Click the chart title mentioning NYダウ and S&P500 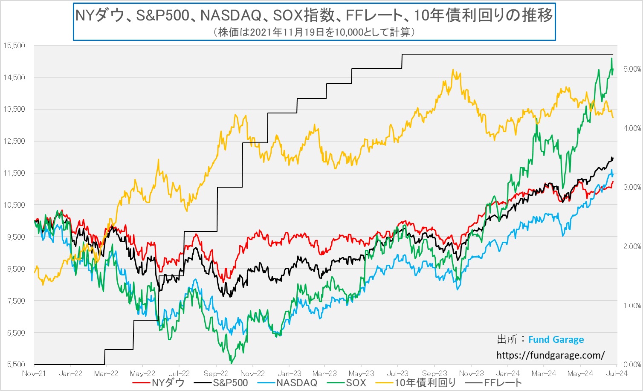click(314, 15)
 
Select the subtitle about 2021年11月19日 click(314, 32)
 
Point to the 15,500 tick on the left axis click(14, 46)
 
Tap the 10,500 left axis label click(14, 205)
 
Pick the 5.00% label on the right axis click(632, 69)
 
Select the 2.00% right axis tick click(632, 246)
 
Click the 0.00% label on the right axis click(632, 365)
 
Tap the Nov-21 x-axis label click(34, 374)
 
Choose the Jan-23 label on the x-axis click(290, 374)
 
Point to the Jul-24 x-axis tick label click(617, 374)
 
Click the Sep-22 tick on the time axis click(216, 374)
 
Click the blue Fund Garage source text click(556, 340)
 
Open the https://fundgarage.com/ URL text click(550, 355)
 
